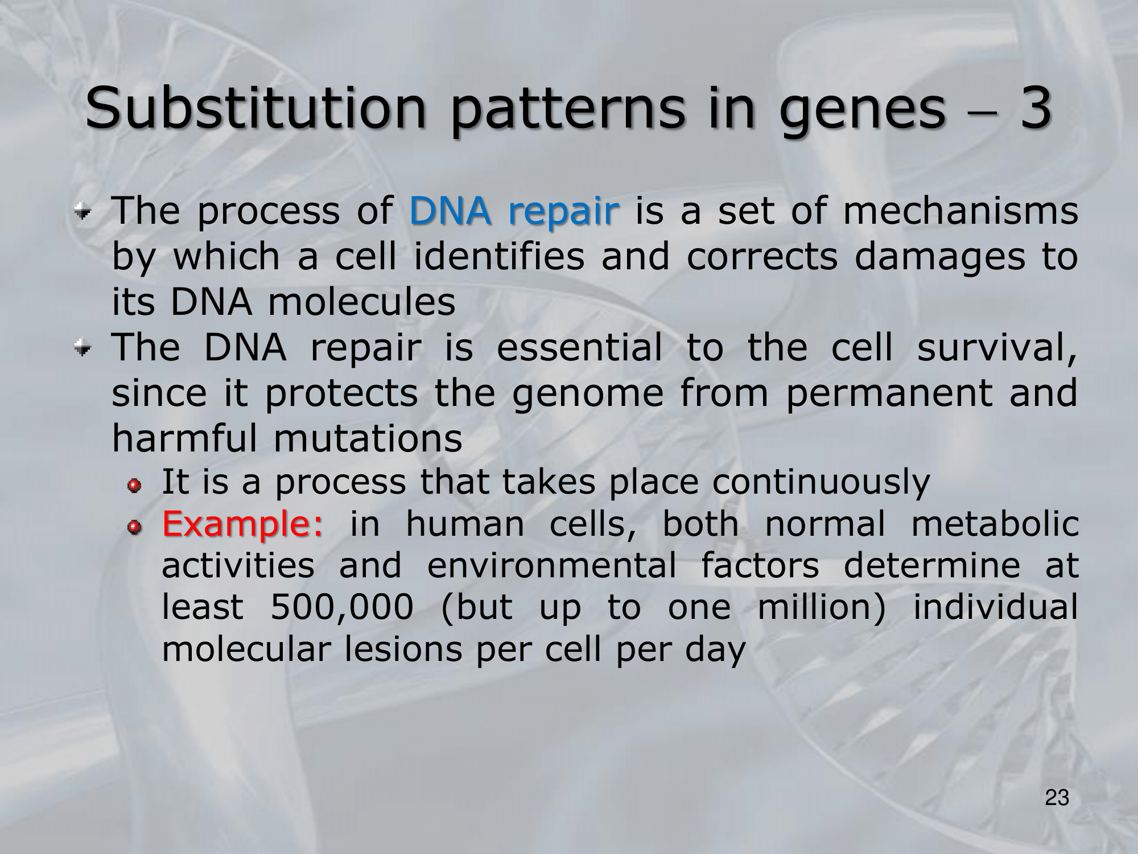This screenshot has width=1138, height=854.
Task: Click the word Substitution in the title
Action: pyautogui.click(x=255, y=108)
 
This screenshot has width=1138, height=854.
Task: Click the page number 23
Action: pyautogui.click(x=1057, y=798)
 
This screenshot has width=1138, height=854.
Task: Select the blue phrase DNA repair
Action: pyautogui.click(x=513, y=211)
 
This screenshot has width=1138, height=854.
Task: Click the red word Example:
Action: pyautogui.click(x=243, y=525)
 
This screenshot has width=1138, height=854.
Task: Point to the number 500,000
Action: pyautogui.click(x=341, y=607)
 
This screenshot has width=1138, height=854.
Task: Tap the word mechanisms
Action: pyautogui.click(x=960, y=211)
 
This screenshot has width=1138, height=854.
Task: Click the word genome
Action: pyautogui.click(x=588, y=395)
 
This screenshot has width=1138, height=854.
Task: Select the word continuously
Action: pyautogui.click(x=821, y=483)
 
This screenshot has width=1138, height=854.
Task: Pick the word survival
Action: pyautogui.click(x=997, y=348)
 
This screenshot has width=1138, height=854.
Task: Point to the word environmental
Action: pyautogui.click(x=552, y=566)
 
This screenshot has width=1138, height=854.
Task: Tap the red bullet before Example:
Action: pyautogui.click(x=134, y=528)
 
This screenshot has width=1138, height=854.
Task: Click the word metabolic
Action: pyautogui.click(x=995, y=524)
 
